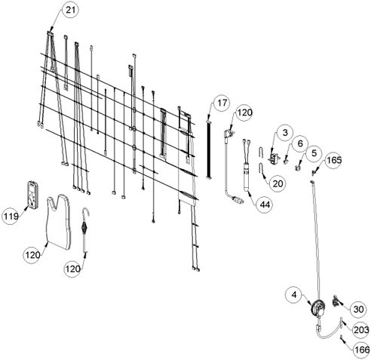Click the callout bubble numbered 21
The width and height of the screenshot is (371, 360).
coord(71,10)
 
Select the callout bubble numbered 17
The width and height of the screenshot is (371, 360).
coord(222,103)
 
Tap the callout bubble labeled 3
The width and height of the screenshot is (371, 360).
coord(285,132)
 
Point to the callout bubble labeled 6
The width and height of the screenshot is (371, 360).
coord(300,143)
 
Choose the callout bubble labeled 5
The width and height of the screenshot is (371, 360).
coord(314,153)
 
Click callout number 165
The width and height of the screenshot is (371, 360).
coord(334,160)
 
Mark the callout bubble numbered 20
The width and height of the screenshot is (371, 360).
coord(277,183)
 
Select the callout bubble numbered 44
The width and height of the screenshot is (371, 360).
coord(265,205)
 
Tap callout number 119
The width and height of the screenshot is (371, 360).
coord(11,216)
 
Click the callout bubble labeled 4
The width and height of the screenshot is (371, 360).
coord(294,294)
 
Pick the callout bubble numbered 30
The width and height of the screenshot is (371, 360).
coord(358,309)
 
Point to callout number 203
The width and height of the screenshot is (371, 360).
coord(361,330)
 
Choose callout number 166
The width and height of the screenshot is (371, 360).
coord(362,349)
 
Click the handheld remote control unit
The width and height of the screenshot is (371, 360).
coord(32,194)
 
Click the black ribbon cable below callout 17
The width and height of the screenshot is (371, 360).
coord(209,149)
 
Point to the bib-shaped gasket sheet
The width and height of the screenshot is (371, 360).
coord(59,221)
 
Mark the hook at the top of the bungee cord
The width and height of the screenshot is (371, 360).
coord(86,214)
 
